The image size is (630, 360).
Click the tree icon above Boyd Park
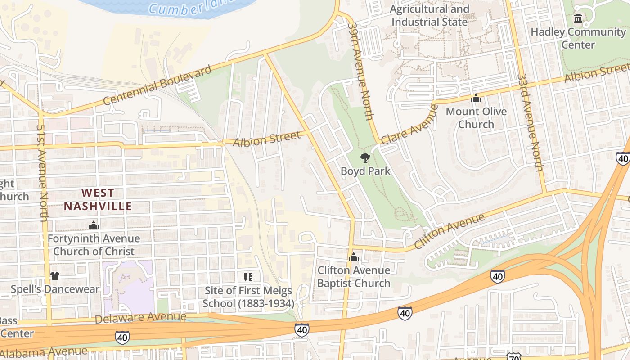coord(365,157)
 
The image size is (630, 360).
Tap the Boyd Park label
coord(365,171)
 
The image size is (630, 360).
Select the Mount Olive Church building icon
coord(476,98)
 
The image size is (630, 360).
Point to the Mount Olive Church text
coord(476,118)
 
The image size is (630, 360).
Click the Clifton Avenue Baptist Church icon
coord(354,257)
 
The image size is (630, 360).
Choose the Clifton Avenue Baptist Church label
coord(354,276)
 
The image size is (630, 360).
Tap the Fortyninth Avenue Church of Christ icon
coord(94,225)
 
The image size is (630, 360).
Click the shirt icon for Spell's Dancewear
coord(55,275)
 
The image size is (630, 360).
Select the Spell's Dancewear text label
coord(55,289)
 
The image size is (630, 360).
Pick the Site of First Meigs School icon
coord(248,277)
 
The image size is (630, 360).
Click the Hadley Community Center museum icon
coord(578,18)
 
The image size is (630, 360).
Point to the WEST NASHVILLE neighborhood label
coord(98,200)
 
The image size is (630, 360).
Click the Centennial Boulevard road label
coord(157,85)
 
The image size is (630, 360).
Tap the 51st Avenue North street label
coord(42,173)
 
